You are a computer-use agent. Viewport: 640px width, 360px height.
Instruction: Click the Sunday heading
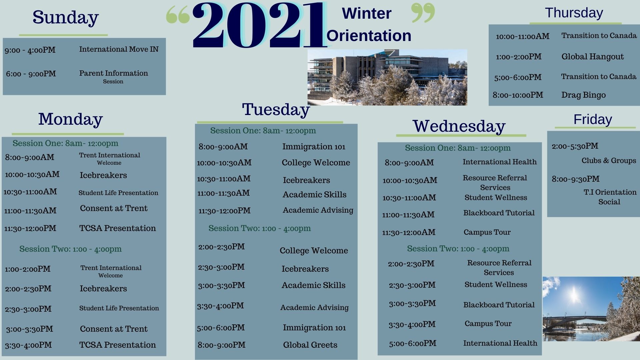(x=66, y=18)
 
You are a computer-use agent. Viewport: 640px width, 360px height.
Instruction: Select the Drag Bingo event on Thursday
(x=583, y=95)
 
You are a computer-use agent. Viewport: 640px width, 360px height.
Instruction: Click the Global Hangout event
(x=592, y=57)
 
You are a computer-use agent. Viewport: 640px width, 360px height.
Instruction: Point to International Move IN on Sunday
(x=119, y=49)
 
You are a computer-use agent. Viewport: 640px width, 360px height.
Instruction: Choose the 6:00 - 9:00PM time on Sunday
(x=31, y=74)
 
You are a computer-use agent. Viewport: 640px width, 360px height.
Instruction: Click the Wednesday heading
(x=459, y=126)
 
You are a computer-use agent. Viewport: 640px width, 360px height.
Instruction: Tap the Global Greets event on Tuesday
(x=310, y=345)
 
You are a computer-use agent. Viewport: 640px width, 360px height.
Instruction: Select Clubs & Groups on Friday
(x=609, y=161)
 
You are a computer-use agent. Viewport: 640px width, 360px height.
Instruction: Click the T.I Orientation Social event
(x=610, y=197)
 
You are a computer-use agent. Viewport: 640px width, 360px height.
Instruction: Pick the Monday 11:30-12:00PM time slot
(x=30, y=229)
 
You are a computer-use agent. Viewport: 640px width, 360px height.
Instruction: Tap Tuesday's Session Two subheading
(x=259, y=228)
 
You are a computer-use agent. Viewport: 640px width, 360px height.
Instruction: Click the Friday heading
(x=593, y=119)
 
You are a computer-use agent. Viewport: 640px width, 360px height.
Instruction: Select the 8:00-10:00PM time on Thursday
(x=518, y=95)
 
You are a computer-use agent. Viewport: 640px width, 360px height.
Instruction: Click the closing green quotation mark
(x=423, y=13)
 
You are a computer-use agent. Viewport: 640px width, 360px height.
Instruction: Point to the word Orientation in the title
(x=369, y=36)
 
